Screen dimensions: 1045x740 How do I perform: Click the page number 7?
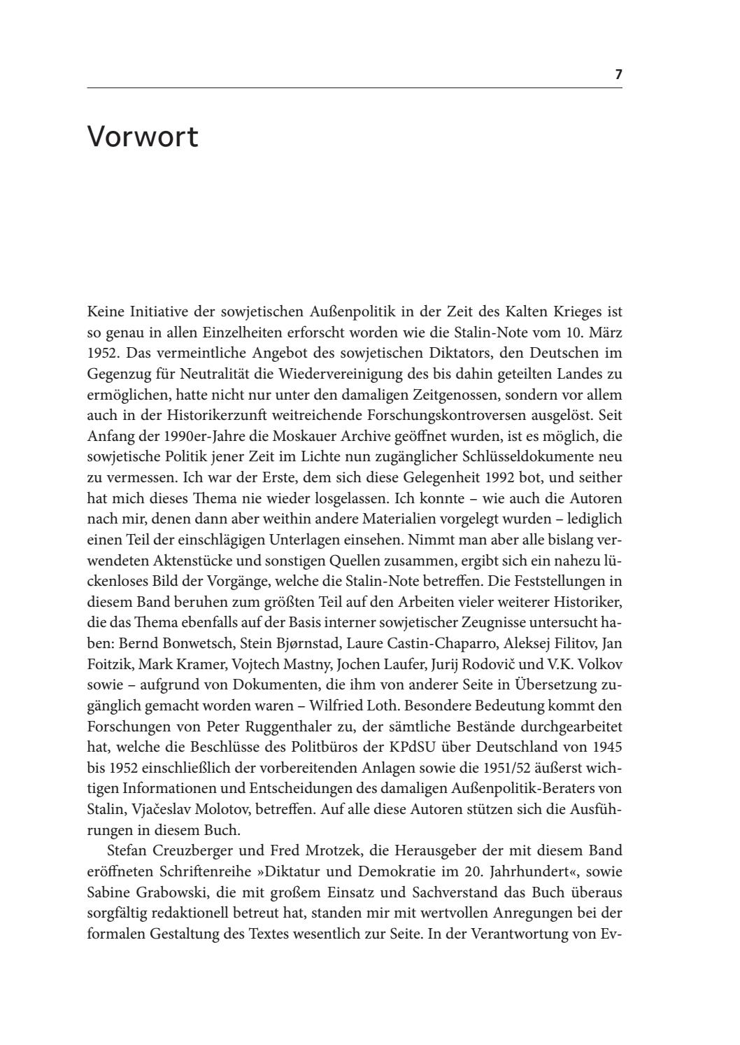click(618, 74)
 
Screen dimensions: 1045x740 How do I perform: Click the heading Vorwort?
click(143, 136)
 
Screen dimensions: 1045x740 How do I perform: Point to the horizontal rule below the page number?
click(354, 88)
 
